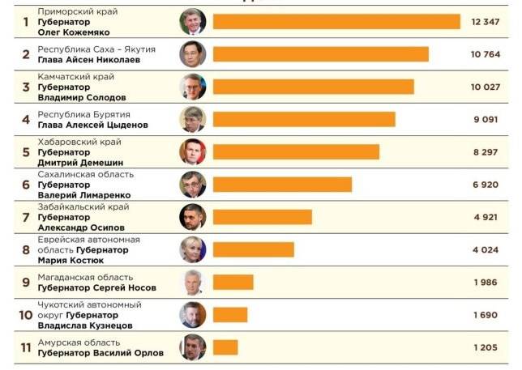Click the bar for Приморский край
click(336, 21)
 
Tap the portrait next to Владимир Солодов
click(193, 87)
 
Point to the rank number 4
click(26, 120)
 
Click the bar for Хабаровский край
click(296, 151)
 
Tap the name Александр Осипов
click(81, 228)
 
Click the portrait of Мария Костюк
click(193, 249)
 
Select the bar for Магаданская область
click(233, 282)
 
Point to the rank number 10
click(26, 315)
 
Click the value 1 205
click(485, 347)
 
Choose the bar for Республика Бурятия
click(304, 119)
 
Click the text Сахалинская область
click(86, 174)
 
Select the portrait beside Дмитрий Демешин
click(193, 151)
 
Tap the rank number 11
click(26, 347)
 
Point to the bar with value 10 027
click(313, 87)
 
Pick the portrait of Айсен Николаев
click(193, 54)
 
